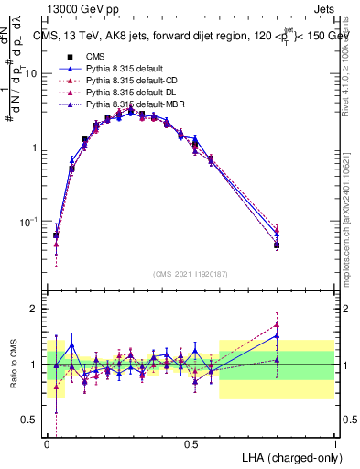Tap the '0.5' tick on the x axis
click(x=191, y=444)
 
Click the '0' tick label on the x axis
click(x=47, y=444)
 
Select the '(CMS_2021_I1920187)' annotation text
click(x=191, y=273)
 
